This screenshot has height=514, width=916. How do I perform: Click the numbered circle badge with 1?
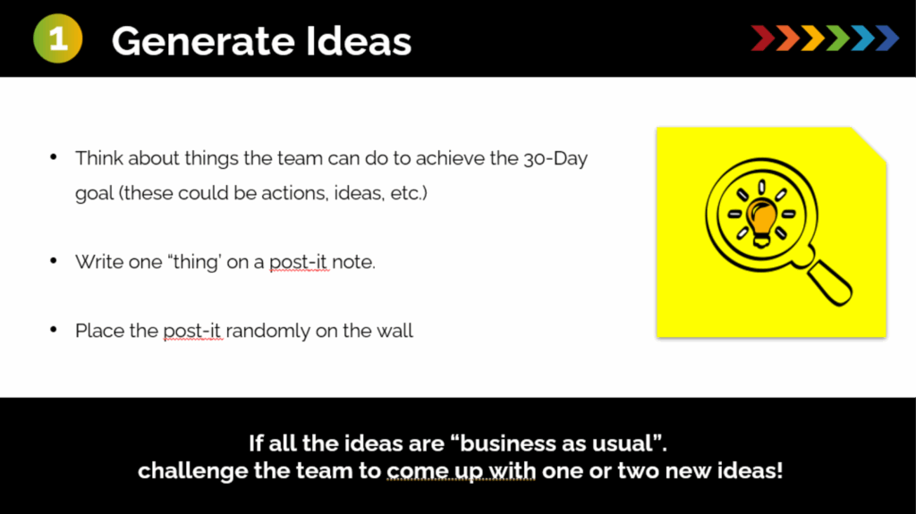pos(58,38)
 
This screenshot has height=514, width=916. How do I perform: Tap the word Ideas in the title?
pos(359,41)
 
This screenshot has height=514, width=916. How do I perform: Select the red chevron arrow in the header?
pos(763,38)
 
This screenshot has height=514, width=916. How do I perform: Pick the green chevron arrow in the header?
pos(837,38)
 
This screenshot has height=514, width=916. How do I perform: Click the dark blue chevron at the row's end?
pos(887,38)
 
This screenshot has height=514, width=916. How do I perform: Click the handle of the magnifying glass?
pos(830,283)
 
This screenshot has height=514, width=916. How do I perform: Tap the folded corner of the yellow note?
pos(869,142)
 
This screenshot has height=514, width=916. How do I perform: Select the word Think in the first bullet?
pos(98,158)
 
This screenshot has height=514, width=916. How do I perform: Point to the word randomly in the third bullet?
pos(267,331)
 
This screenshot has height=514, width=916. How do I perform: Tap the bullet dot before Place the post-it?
pos(54,330)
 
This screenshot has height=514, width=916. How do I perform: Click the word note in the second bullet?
pos(352,262)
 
